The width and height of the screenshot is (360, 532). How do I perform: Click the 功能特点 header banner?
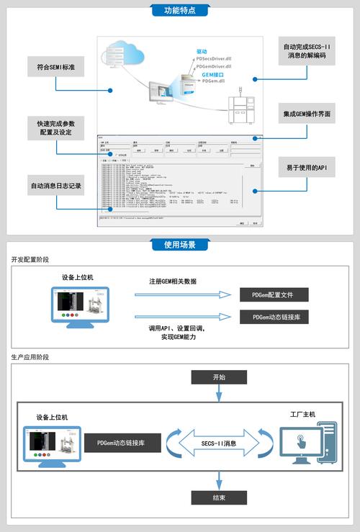[180, 11]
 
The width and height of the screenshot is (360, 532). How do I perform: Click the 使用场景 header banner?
[180, 245]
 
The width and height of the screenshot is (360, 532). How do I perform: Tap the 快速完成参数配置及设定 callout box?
[56, 129]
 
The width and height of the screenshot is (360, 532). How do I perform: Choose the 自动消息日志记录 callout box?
[56, 186]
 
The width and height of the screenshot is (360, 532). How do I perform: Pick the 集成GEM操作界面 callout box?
[307, 114]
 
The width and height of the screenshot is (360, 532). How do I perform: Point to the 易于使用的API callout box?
[307, 168]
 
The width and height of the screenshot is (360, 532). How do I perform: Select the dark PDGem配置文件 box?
[274, 294]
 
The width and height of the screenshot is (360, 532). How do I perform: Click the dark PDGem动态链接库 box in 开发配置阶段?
[274, 317]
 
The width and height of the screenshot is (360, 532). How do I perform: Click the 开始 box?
[219, 377]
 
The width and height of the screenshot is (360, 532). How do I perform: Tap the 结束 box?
[219, 497]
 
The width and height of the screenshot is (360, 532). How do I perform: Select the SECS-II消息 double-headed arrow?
[219, 443]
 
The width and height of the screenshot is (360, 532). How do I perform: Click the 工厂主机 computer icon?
[307, 444]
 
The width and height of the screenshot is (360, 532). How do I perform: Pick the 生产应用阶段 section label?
[30, 357]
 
